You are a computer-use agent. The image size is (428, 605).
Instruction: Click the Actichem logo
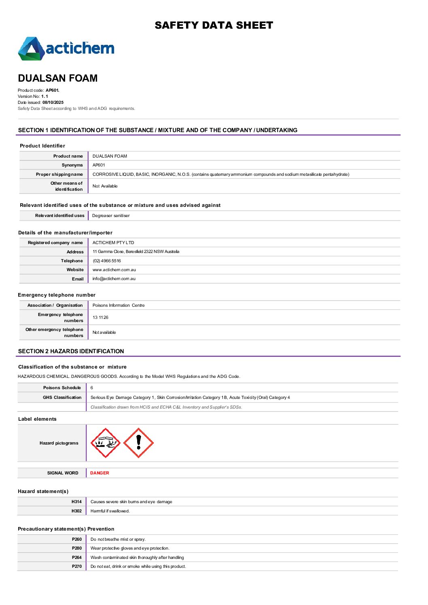pos(66,48)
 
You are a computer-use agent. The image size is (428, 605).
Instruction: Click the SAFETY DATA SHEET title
pos(214,25)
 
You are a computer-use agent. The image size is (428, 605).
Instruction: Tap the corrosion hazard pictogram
pos(106,443)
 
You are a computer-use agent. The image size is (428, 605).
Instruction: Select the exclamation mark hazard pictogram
pos(138,443)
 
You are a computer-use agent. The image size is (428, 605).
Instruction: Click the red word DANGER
pos(100,473)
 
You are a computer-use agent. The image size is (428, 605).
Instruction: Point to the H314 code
pos(76,502)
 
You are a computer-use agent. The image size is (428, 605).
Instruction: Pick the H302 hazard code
pos(76,511)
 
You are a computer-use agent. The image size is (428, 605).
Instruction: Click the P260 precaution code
pos(77,539)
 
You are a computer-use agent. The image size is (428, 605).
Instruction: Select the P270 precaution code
pos(77,566)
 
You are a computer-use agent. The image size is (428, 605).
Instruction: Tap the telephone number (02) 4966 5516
pos(107,261)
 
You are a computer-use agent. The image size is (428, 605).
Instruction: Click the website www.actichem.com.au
pos(114,270)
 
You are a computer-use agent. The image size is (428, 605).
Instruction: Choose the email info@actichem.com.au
pos(114,278)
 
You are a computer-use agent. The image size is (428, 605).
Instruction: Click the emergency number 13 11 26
pos(100,317)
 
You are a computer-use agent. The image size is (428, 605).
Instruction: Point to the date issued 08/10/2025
pos(53,102)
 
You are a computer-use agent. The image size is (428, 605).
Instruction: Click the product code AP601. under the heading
pos(53,90)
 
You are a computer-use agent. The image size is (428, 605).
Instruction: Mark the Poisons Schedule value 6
pos(92,388)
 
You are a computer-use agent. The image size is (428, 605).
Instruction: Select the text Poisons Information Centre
pos(119,305)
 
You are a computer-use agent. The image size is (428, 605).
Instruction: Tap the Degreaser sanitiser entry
pos(111,215)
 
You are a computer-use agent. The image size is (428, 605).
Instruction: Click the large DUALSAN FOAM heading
pos(58,78)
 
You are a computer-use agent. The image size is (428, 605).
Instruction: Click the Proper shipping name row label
pos(59,174)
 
